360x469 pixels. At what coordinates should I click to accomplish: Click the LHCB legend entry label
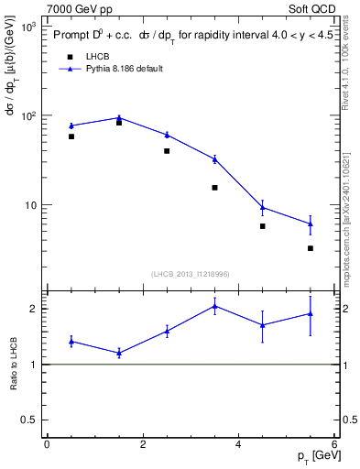[98, 56]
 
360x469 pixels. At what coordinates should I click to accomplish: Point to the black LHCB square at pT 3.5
[214, 188]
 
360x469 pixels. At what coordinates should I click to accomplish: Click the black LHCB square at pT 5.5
[311, 248]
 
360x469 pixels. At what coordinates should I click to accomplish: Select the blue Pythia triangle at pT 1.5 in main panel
[119, 117]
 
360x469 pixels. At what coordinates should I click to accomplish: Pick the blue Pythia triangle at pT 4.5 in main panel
[262, 207]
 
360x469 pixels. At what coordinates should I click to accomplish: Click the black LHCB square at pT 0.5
[71, 136]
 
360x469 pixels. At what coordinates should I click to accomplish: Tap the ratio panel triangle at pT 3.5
[214, 306]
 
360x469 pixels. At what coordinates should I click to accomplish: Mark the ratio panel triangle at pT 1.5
[119, 353]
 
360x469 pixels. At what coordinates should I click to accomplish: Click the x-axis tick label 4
[238, 445]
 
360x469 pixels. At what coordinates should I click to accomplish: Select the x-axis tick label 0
[47, 445]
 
